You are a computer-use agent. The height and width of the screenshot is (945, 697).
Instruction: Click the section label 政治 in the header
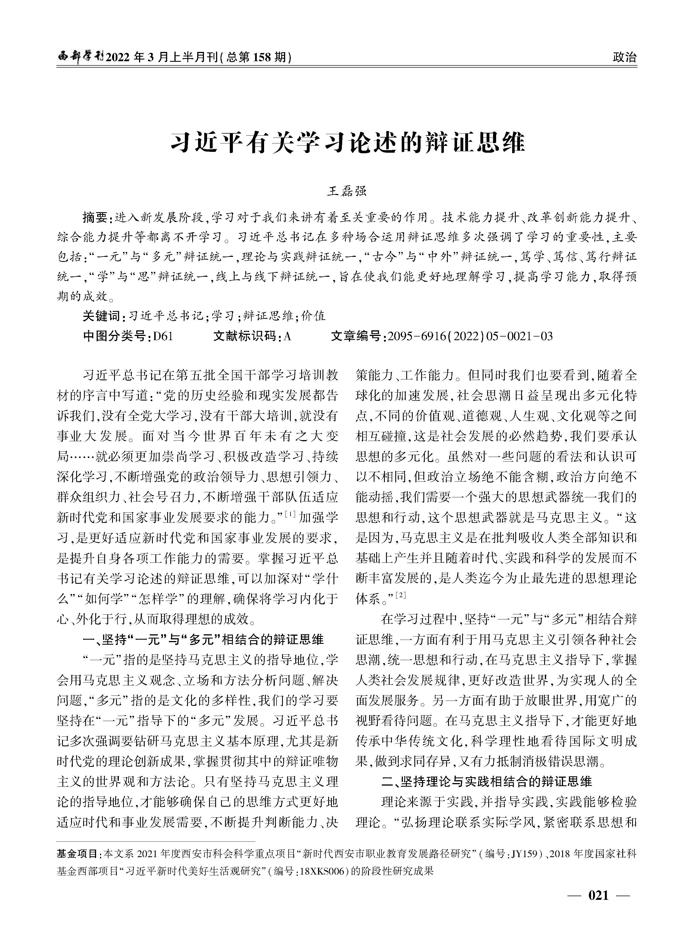[x=625, y=57]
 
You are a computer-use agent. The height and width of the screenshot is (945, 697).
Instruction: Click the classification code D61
[x=163, y=336]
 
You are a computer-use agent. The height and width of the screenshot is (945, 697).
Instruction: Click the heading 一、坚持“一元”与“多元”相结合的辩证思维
[x=203, y=639]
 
